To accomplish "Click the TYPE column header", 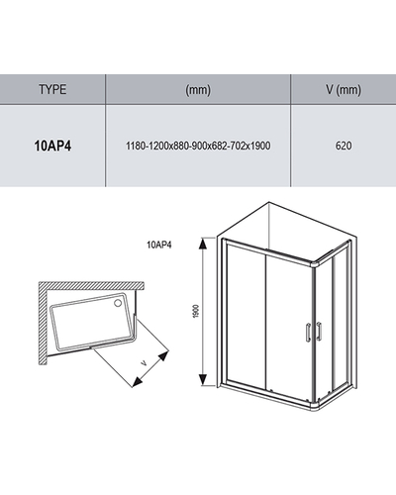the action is coord(52,89).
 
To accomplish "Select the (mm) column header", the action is coord(198,90).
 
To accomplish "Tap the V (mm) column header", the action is coord(344,90).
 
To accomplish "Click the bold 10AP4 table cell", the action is coord(52,146).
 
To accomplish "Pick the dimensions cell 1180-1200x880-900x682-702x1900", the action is coord(198,146).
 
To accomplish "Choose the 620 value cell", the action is coord(344,146).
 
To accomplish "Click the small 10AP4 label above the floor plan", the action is coord(159,245).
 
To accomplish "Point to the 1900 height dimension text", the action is coord(196,311).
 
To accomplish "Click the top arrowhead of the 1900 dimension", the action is coord(203,244).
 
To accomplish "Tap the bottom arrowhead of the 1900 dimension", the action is coord(203,380).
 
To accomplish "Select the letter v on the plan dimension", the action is coord(144,363).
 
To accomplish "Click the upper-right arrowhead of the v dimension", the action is coord(163,356).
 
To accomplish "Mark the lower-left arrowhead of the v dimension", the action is coord(137,382).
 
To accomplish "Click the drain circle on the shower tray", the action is coord(118,303).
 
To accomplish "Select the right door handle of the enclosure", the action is coord(319,331).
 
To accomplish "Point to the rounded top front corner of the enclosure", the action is coord(314,263).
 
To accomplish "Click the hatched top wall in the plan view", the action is coord(91,285).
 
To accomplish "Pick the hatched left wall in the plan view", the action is coord(43,324).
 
